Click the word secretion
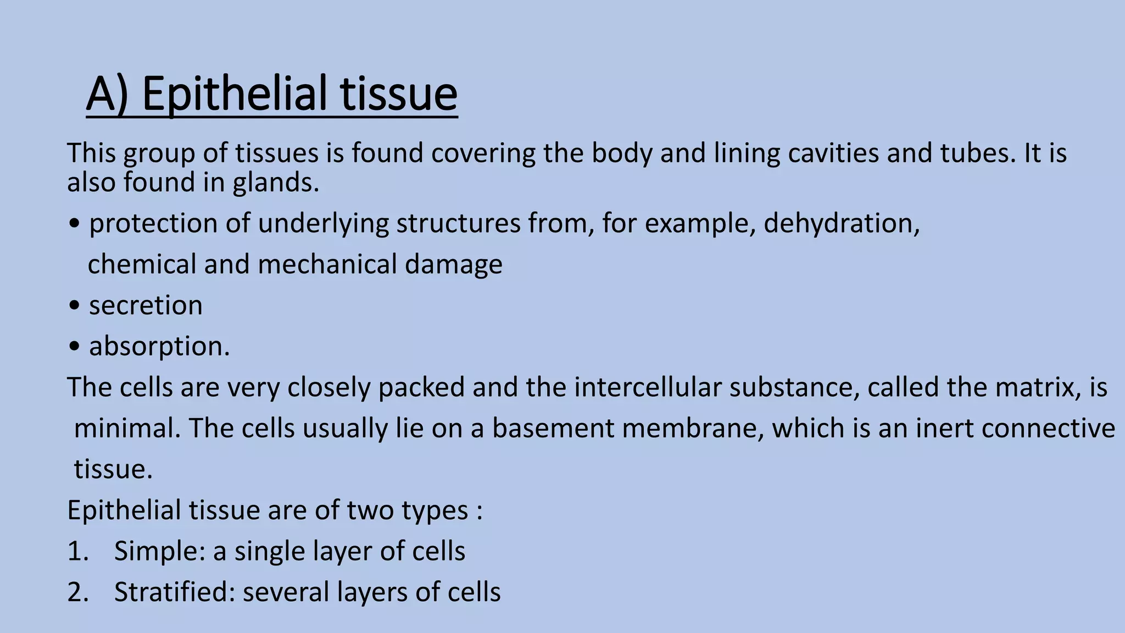click(x=146, y=306)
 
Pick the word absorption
click(x=159, y=347)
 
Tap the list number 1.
click(x=77, y=551)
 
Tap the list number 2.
click(x=77, y=592)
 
